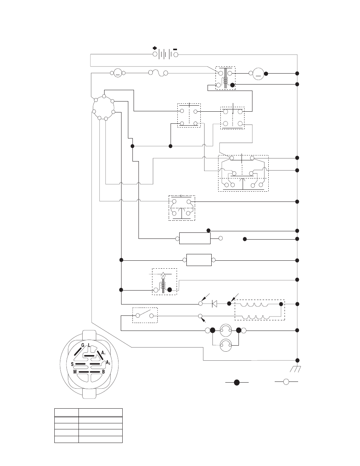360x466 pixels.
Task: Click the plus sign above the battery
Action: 155,48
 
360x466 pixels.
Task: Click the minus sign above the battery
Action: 175,49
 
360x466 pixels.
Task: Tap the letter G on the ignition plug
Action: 83,345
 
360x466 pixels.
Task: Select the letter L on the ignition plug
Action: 89,345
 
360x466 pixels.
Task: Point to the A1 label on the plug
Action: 103,353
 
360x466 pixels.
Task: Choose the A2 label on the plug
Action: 108,363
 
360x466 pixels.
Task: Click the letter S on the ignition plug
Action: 72,364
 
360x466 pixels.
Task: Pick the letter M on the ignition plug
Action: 75,372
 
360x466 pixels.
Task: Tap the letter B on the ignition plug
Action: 103,372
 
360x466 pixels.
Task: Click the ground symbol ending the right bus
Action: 295,369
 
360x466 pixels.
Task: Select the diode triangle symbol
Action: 214,304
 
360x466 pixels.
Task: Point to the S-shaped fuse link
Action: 158,73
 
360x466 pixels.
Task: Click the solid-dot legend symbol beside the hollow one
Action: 237,382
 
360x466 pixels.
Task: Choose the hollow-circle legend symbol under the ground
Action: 286,382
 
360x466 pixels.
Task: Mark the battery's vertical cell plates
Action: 165,54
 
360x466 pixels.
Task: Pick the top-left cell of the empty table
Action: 66,412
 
